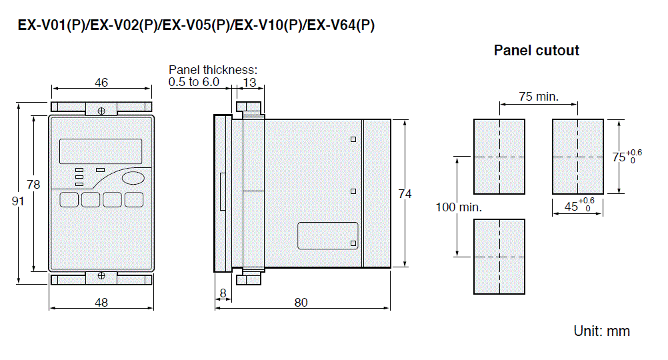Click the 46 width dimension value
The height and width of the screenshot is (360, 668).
pos(101,83)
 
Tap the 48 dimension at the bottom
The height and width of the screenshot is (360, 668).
pos(101,302)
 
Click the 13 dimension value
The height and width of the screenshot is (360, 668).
pos(249,83)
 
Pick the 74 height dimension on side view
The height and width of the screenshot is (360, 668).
pos(405,194)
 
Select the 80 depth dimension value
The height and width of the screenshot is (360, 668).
pos(301,302)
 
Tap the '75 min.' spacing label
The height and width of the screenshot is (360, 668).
pos(538,97)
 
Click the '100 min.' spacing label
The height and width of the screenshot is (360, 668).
pos(459,207)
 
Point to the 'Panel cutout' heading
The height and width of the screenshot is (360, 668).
pos(537,51)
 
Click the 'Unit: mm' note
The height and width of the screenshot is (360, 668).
pos(601,331)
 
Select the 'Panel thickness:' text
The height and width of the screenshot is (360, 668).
pos(212,69)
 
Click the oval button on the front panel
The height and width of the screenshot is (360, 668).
pos(134,178)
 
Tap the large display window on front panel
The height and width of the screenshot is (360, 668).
pos(101,151)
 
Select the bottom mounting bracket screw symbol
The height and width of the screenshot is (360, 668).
pos(101,275)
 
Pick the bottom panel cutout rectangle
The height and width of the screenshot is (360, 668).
pos(499,256)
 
